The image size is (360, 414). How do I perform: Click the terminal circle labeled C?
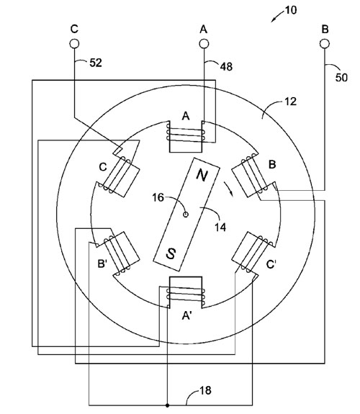coord(74,44)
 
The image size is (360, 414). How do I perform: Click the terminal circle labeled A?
coord(204,44)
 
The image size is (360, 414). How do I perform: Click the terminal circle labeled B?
coord(325,44)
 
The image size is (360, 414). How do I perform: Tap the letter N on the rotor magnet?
coord(202,175)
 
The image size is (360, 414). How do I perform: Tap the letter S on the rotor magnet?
coord(171,253)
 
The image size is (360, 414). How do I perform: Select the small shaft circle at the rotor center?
coord(186,215)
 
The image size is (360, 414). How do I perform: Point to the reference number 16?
coord(158,197)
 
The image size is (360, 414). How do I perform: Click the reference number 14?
coord(220,227)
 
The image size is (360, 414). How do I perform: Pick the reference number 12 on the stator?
coord(291,102)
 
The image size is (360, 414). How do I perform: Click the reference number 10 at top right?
coord(291,10)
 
